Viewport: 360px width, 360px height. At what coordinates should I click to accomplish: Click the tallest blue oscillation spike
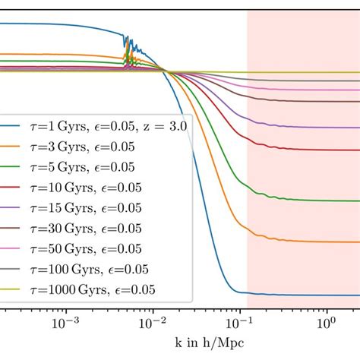pos(125,36)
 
